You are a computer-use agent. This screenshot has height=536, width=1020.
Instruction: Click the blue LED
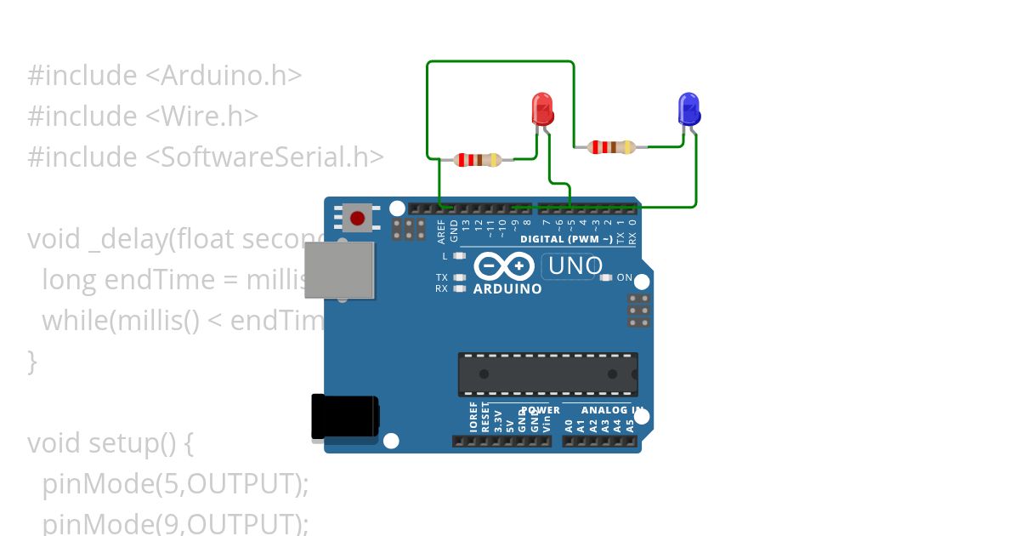(688, 110)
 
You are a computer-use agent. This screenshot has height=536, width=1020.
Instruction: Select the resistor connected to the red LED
(478, 159)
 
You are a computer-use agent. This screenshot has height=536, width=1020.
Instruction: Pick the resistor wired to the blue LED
(611, 147)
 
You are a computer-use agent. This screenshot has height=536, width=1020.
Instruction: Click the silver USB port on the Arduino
(339, 270)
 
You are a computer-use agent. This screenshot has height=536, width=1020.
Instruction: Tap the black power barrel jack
(344, 418)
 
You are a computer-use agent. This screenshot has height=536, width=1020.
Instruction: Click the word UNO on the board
(575, 266)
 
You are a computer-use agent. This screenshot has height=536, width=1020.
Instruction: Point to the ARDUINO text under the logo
(507, 289)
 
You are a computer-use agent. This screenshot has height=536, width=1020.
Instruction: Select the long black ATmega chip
(547, 374)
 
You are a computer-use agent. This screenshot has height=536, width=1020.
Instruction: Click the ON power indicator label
(625, 277)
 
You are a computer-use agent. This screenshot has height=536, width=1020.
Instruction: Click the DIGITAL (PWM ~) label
(566, 240)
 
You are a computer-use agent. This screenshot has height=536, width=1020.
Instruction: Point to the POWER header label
(540, 410)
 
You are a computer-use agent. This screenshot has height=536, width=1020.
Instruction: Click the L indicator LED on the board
(460, 256)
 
